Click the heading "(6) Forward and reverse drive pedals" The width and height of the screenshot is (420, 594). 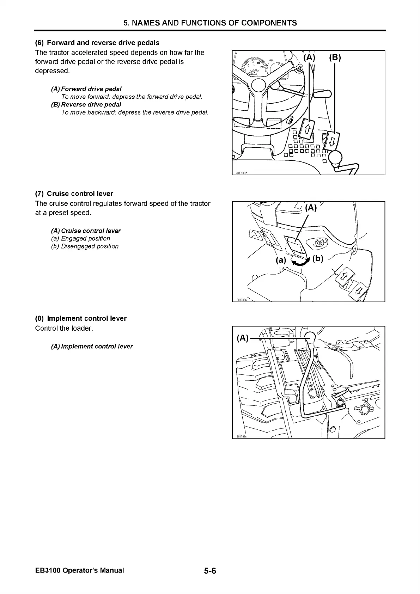click(x=97, y=43)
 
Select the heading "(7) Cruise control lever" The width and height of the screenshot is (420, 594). click(x=74, y=194)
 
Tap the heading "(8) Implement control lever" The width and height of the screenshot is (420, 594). click(x=81, y=318)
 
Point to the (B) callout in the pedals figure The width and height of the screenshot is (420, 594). click(x=335, y=57)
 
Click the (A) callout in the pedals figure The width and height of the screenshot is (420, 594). click(x=310, y=57)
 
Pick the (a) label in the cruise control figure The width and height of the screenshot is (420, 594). click(x=281, y=260)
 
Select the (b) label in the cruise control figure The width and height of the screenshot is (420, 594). click(x=317, y=258)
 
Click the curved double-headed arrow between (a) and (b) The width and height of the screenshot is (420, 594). click(x=299, y=262)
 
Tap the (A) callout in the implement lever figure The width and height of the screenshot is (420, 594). click(x=243, y=338)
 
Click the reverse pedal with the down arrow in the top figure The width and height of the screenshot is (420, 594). click(x=332, y=141)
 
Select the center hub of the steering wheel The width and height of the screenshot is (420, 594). click(x=259, y=85)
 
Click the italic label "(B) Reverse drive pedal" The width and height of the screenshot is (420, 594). click(x=86, y=105)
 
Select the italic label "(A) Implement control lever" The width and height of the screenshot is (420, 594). click(x=92, y=347)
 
